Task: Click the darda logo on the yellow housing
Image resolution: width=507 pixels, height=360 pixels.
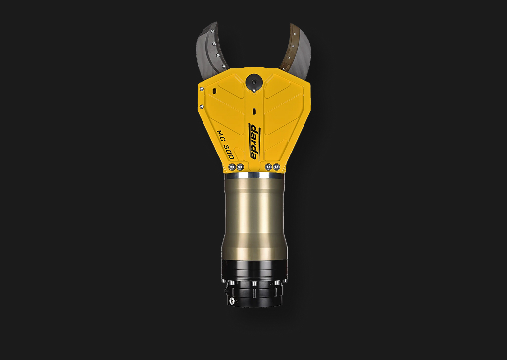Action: [x=254, y=142]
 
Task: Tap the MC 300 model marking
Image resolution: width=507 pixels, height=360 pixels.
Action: [x=225, y=144]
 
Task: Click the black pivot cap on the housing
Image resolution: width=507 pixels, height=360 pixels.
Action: [x=254, y=81]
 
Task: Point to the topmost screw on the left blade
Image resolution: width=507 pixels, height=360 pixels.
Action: [x=212, y=31]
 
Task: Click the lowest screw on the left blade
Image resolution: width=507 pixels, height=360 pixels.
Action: [x=223, y=67]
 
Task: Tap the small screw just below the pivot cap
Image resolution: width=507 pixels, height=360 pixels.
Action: [x=254, y=91]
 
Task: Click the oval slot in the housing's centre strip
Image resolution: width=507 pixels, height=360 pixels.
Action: [x=254, y=111]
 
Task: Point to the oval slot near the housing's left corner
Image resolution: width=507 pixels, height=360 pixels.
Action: [x=214, y=91]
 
